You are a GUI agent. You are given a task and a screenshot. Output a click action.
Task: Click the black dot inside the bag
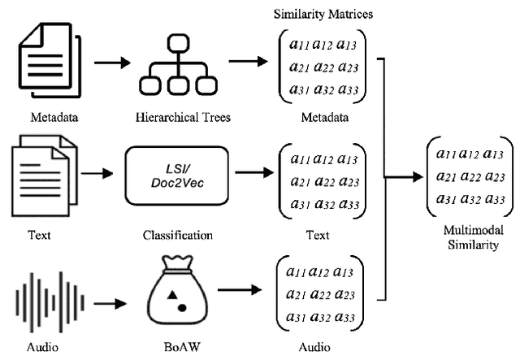(x=183, y=308)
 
